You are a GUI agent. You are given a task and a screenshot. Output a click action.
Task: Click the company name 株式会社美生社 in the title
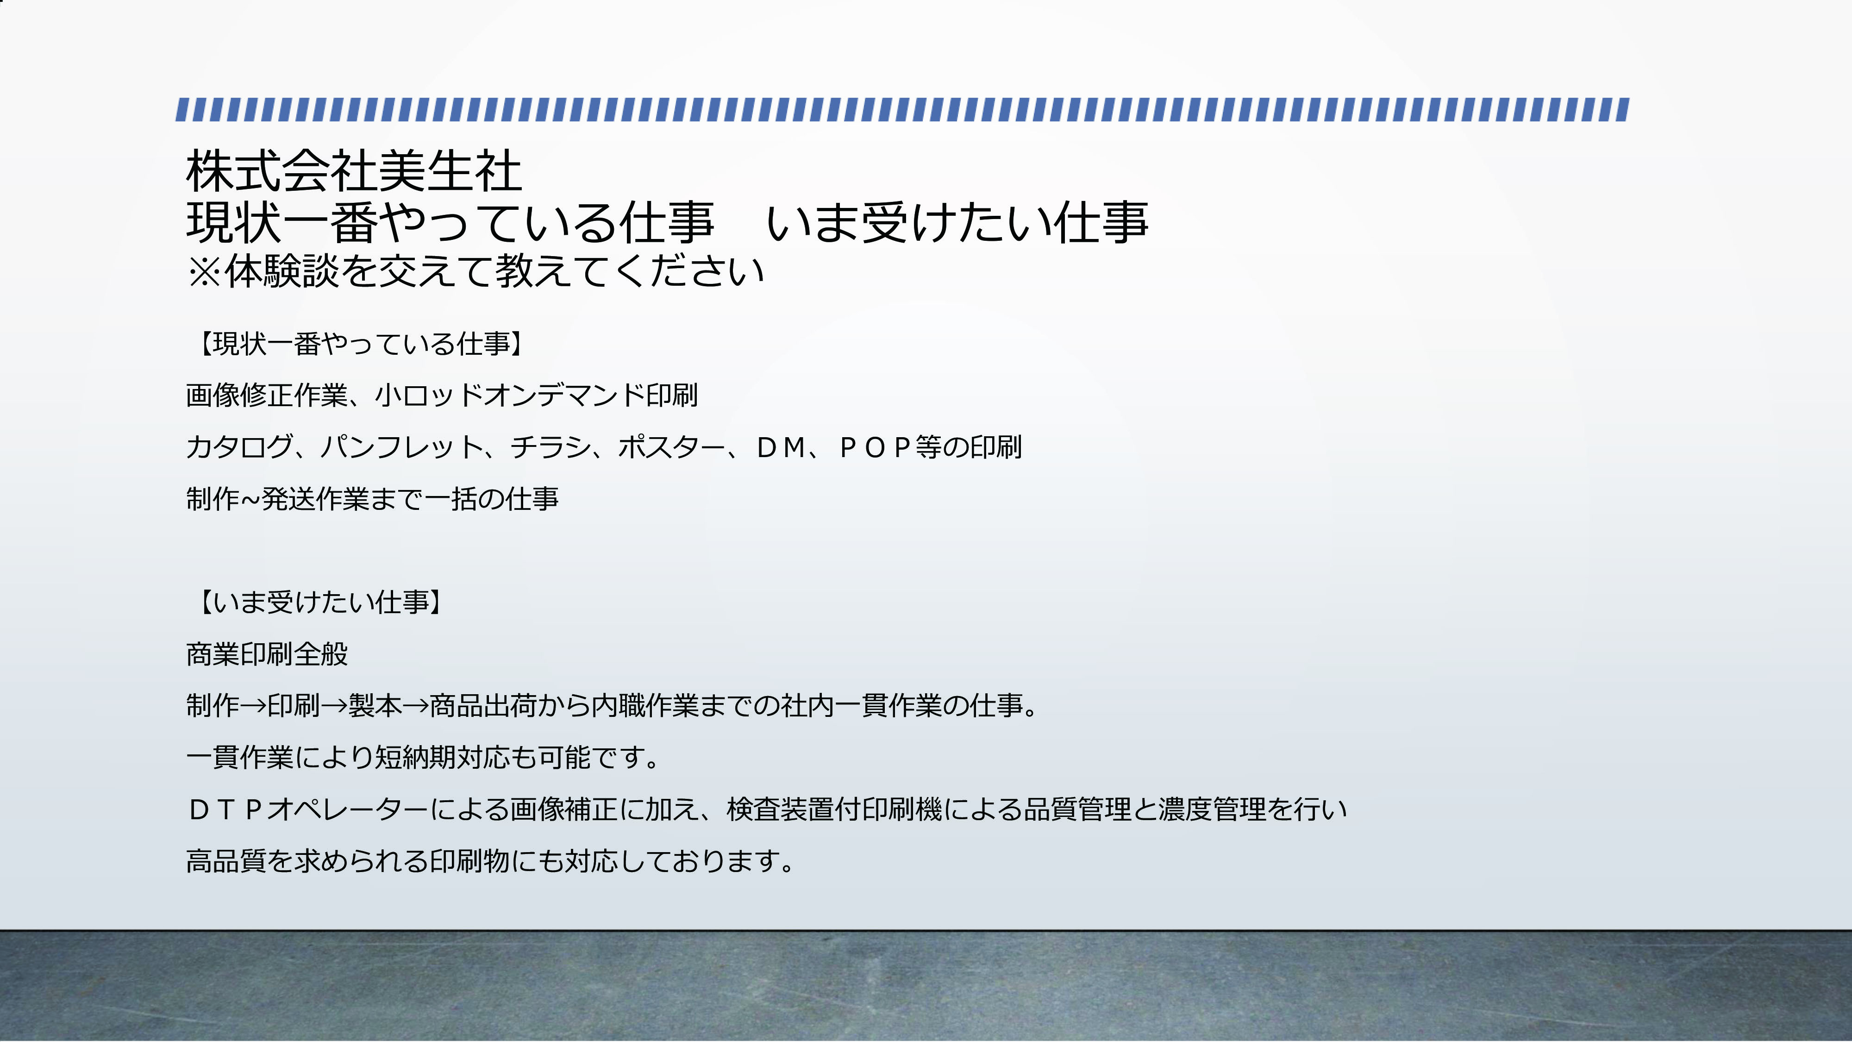(x=354, y=171)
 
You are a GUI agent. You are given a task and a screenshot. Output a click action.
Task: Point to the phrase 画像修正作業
(x=267, y=395)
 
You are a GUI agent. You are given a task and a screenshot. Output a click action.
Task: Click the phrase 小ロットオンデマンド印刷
(x=536, y=395)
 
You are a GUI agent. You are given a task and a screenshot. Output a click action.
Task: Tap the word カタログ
(x=239, y=447)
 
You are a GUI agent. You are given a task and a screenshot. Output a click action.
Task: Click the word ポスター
(x=672, y=447)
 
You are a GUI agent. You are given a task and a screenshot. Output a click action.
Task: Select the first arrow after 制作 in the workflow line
(x=253, y=706)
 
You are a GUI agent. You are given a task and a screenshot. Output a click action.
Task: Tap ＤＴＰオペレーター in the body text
(x=308, y=810)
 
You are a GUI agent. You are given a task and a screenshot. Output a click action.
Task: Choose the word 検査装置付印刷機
(x=834, y=810)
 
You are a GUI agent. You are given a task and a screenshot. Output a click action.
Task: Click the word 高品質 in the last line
(x=226, y=861)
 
